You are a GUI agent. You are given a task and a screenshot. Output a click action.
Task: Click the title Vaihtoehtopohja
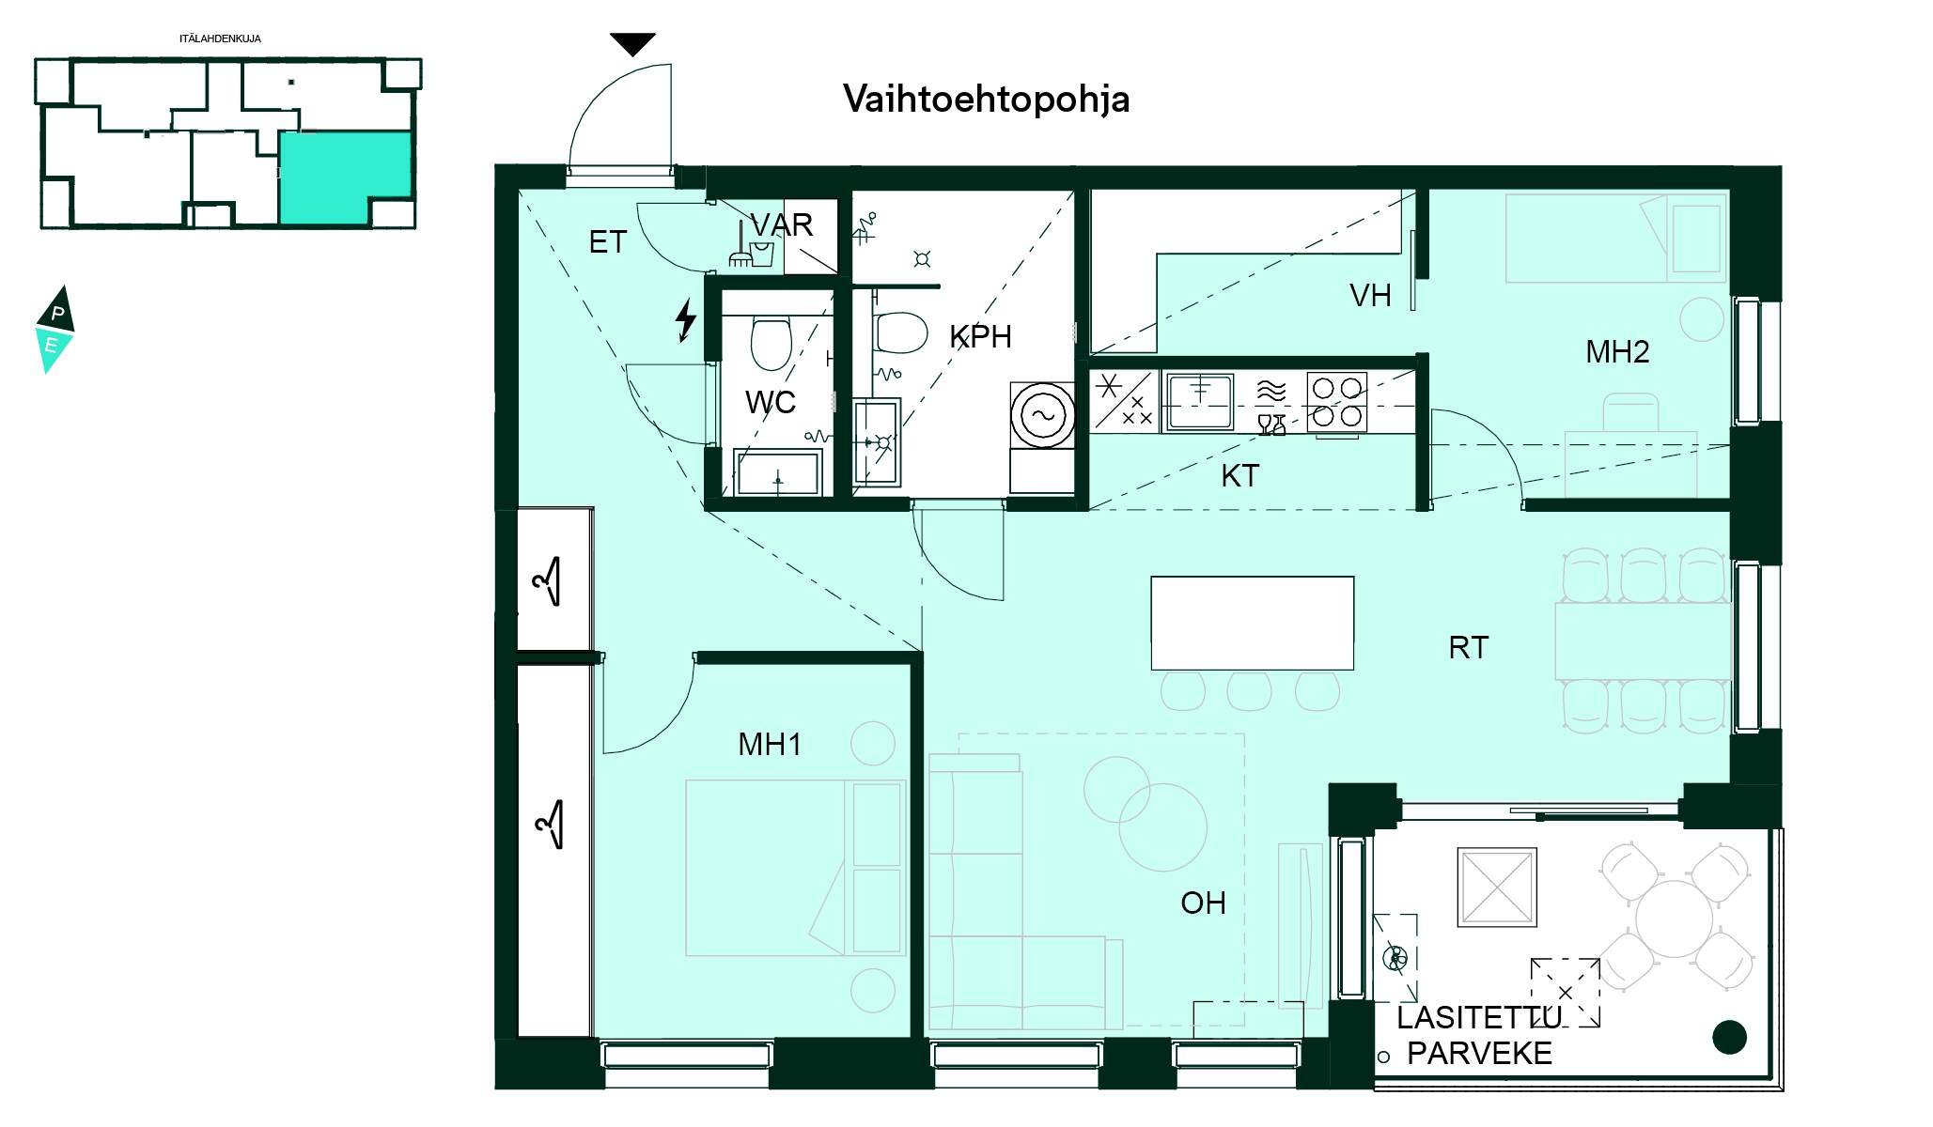(986, 100)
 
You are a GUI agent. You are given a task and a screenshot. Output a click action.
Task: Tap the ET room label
(607, 242)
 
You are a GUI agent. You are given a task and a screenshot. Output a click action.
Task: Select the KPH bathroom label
(980, 337)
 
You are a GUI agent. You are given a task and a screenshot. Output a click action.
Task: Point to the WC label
(771, 403)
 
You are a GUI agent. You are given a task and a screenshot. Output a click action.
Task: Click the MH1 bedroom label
(770, 745)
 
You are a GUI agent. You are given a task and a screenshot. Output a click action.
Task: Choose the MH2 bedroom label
(1617, 352)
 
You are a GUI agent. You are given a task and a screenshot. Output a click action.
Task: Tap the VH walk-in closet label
(1370, 296)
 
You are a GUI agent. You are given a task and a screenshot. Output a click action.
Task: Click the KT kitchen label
(1239, 476)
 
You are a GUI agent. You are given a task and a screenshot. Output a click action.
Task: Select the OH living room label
(1203, 903)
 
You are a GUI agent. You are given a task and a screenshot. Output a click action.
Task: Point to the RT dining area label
(1468, 648)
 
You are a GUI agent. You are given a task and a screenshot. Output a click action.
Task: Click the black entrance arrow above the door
(632, 44)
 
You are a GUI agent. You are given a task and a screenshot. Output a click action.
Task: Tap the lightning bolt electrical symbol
(686, 320)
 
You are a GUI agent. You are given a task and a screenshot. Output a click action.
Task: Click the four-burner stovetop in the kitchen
(1336, 402)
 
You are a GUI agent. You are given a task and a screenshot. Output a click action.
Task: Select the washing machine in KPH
(1042, 415)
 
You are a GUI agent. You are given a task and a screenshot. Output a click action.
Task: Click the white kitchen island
(1253, 623)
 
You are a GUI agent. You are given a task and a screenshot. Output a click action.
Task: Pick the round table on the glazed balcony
(1674, 919)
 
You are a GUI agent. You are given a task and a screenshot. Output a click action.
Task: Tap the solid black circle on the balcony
(1729, 1037)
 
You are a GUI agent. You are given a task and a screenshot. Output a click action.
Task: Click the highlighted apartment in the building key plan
(345, 178)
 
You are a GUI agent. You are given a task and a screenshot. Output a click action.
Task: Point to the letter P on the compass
(58, 313)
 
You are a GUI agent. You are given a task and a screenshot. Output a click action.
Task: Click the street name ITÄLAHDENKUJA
(220, 39)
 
